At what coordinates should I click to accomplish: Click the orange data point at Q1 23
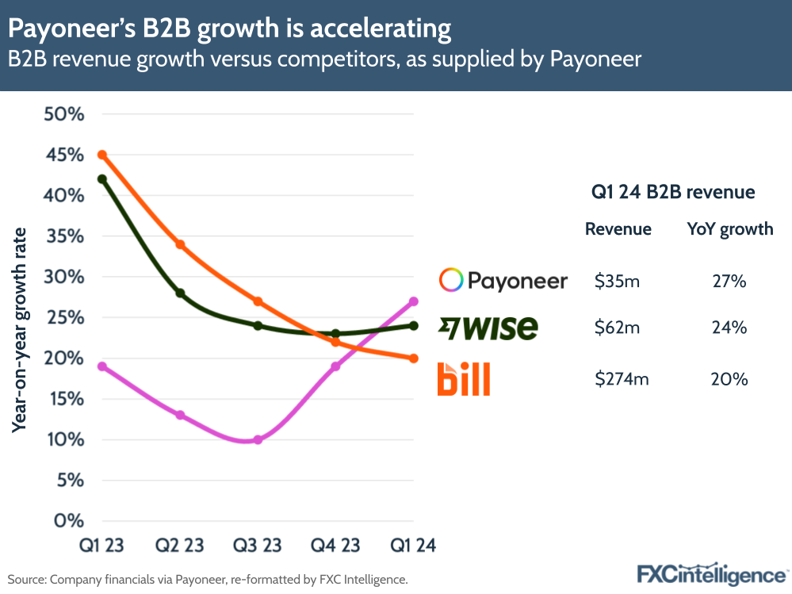tap(102, 155)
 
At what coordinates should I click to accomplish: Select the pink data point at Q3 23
tap(258, 439)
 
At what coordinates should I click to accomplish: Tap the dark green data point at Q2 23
tap(180, 293)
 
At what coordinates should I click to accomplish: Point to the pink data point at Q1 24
tap(413, 301)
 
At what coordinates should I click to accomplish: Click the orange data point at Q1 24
tap(413, 358)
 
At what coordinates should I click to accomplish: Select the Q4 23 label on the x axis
tap(335, 546)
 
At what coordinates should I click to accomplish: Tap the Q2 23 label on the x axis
tap(180, 546)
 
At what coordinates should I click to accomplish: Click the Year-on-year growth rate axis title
tap(19, 329)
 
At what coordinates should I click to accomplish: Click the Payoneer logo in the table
tap(503, 280)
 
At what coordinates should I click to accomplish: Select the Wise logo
tap(488, 327)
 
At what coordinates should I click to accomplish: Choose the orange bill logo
tap(464, 379)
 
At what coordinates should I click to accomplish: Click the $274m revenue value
tap(622, 379)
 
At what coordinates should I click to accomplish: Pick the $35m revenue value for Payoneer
tap(618, 281)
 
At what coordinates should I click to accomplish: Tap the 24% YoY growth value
tap(729, 327)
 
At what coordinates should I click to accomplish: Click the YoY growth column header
tap(729, 229)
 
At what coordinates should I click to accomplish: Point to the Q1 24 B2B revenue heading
tap(673, 192)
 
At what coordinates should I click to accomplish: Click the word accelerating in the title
tap(381, 29)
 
